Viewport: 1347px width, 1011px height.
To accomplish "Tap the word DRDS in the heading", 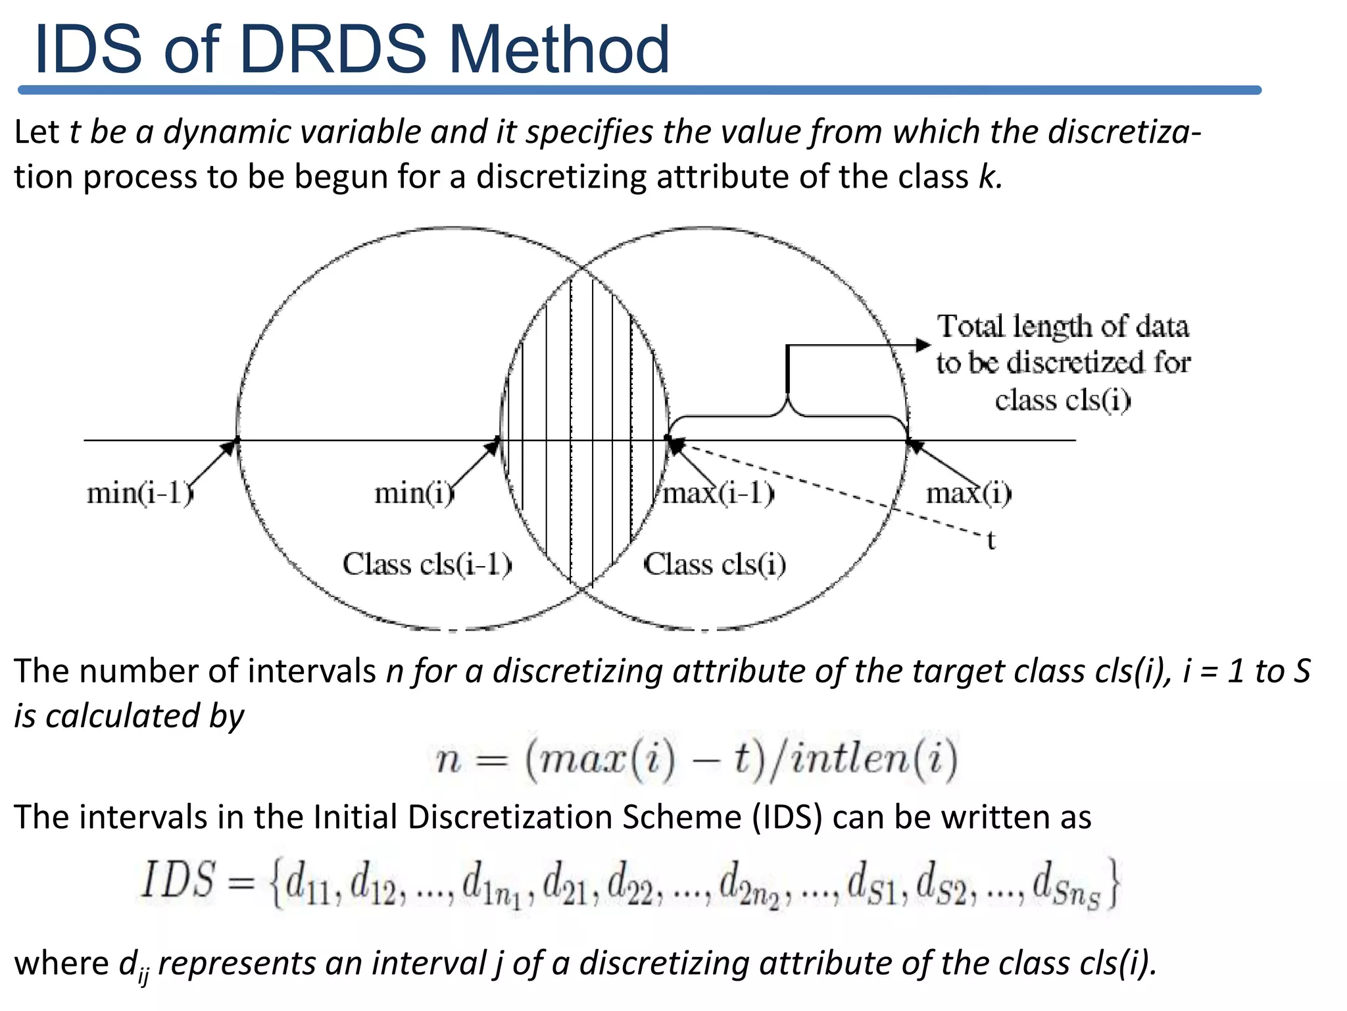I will point(333,50).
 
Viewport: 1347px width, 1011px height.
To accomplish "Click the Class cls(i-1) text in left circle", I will point(427,565).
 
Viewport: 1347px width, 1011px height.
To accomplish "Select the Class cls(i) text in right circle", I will point(714,565).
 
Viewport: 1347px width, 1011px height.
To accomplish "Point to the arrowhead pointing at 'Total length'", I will point(923,345).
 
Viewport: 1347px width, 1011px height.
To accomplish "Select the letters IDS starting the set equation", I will point(178,881).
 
